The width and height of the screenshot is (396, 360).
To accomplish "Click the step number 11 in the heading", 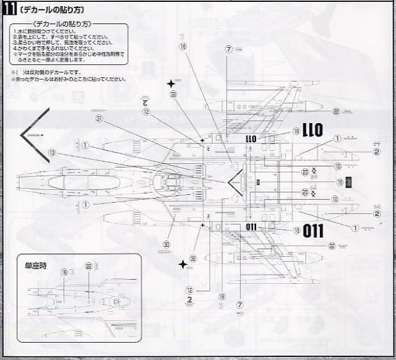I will tap(9, 11).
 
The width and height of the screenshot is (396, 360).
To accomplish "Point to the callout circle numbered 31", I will tap(99, 119).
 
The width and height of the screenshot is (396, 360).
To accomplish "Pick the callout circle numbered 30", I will tap(166, 244).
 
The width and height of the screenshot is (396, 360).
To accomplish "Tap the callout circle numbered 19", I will tap(339, 182).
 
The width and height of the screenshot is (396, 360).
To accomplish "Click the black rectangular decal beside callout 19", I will tap(350, 182).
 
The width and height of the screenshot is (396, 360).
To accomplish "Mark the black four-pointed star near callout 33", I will tap(171, 83).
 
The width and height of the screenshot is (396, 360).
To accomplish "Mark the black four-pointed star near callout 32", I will tap(183, 265).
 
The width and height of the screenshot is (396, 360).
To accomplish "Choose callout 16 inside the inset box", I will tap(64, 272).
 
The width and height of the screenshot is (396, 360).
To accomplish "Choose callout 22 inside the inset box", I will tap(89, 266).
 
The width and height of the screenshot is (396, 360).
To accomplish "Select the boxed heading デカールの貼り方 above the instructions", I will tap(66, 24).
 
